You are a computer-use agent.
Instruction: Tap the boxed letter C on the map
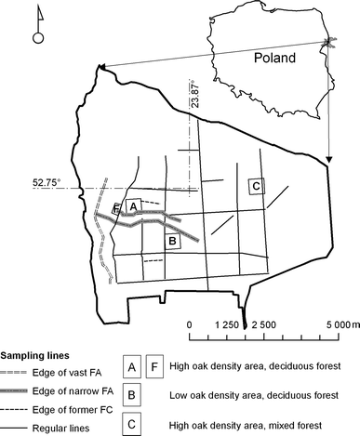[x=257, y=186]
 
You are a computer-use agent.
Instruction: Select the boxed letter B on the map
[x=171, y=242]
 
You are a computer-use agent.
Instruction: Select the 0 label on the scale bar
[x=190, y=324]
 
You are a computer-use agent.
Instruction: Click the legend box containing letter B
[x=132, y=395]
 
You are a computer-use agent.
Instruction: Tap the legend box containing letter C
[x=132, y=424]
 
